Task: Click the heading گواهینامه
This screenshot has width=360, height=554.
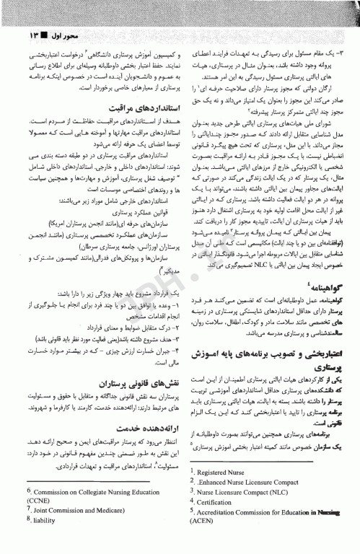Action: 320,287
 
